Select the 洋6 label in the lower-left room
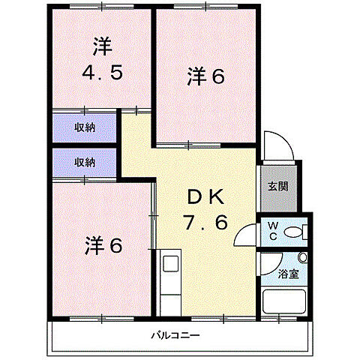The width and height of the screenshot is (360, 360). click(103, 244)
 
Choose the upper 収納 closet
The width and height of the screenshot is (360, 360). click(84, 127)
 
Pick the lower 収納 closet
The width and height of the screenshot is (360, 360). click(84, 162)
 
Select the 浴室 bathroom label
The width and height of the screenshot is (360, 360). click(288, 274)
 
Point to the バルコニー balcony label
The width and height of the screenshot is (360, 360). click(174, 335)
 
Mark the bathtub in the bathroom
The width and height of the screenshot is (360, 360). click(286, 302)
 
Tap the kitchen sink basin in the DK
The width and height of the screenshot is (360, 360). click(170, 264)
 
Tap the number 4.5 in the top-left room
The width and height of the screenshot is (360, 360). click(102, 75)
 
